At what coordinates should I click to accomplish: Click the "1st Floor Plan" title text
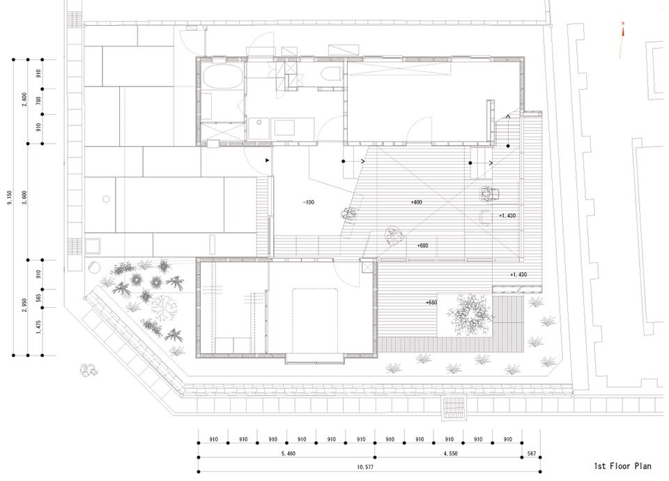click(622, 466)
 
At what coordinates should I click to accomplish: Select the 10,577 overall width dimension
click(365, 467)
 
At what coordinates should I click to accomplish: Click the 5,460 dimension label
click(289, 453)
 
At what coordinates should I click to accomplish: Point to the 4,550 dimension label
click(450, 453)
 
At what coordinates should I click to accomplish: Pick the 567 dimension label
click(531, 453)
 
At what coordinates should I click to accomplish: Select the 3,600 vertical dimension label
click(24, 198)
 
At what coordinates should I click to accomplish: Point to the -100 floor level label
click(309, 202)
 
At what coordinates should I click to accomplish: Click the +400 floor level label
click(417, 202)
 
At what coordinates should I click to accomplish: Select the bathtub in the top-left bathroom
click(222, 76)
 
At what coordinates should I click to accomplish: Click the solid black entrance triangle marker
click(268, 160)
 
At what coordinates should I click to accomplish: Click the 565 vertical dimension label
click(38, 298)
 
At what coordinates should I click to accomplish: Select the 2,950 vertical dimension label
click(24, 305)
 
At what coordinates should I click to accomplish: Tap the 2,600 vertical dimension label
click(24, 100)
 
